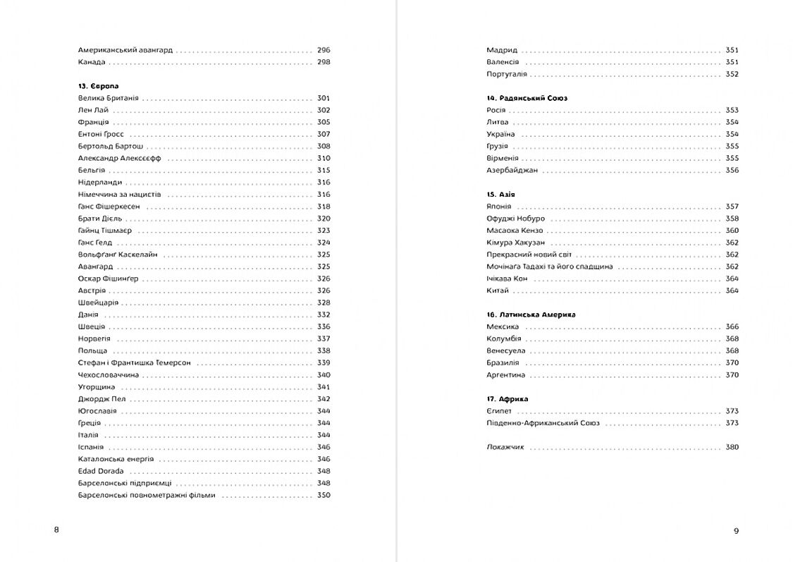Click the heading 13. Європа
pyautogui.click(x=99, y=86)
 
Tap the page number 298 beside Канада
pyautogui.click(x=324, y=62)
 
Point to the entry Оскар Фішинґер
pyautogui.click(x=109, y=279)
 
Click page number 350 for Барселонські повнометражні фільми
pyautogui.click(x=324, y=495)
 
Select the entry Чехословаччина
pyautogui.click(x=109, y=374)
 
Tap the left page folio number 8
pyautogui.click(x=56, y=530)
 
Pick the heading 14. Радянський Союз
pyautogui.click(x=527, y=98)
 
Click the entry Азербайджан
pyautogui.click(x=512, y=170)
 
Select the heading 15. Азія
pyautogui.click(x=504, y=194)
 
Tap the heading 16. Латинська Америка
pyautogui.click(x=531, y=314)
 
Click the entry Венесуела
pyautogui.click(x=506, y=350)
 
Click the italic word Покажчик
pyautogui.click(x=505, y=447)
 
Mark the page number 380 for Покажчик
pyautogui.click(x=732, y=447)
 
